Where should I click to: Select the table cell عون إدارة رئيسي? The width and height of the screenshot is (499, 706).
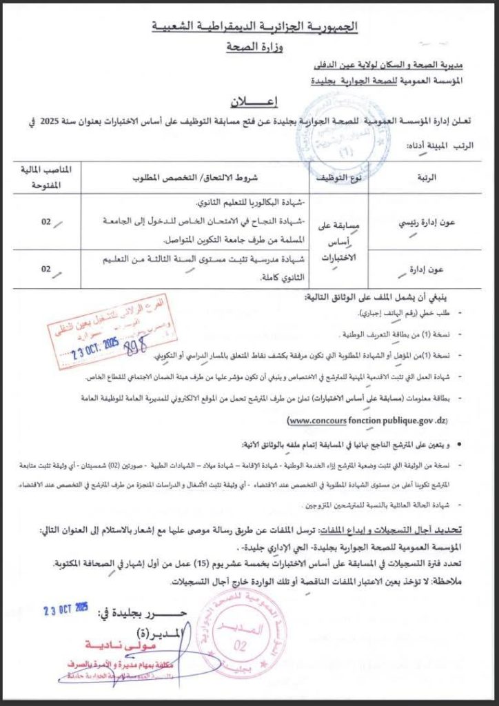[428, 224]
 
